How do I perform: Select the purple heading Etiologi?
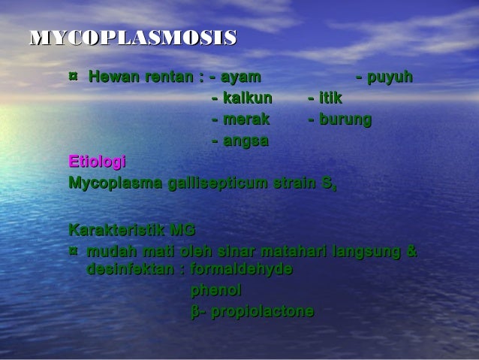(97, 162)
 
